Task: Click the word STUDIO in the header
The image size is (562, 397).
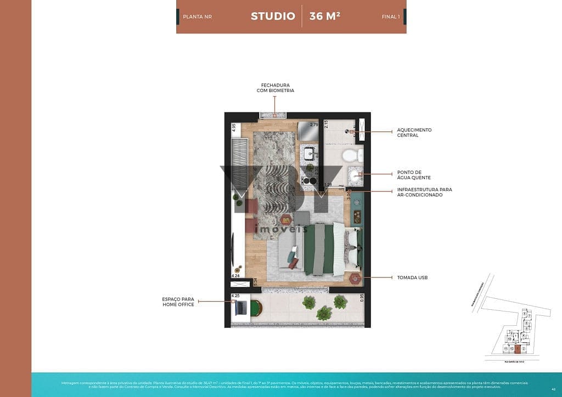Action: coord(273,16)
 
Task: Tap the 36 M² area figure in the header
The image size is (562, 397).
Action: coord(324,16)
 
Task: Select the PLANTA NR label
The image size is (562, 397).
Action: coord(197,17)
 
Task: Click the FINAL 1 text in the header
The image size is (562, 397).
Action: coord(391,17)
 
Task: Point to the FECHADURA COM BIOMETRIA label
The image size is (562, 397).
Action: coord(275,88)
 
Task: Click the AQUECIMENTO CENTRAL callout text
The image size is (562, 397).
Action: coord(414,133)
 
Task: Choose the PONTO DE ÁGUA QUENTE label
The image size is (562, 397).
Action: coord(414,175)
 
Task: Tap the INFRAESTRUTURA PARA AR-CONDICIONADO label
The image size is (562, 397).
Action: coord(424,192)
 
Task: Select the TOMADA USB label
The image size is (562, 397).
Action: coord(412,278)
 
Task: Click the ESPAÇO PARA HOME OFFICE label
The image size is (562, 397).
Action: coord(178,302)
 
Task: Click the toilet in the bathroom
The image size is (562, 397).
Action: coord(351,155)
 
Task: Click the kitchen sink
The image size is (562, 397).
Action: coord(309,153)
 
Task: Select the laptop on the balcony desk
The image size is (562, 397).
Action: coord(240,309)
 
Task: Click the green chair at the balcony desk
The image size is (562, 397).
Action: coord(254,310)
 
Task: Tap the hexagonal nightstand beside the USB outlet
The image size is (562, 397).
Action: coord(355,278)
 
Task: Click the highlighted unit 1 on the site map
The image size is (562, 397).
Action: coord(517,348)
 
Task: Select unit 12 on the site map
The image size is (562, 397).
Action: coord(511,348)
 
